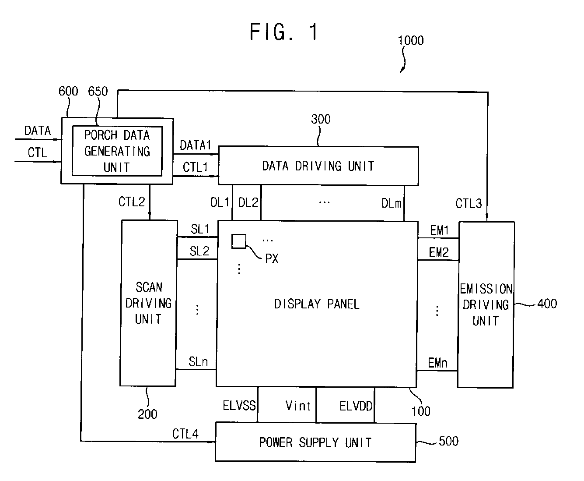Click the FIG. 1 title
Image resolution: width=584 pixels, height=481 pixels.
point(284,32)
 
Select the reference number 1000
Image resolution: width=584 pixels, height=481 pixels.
point(411,40)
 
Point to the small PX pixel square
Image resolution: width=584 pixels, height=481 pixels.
point(239,241)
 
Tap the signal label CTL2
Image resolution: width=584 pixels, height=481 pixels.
point(132,202)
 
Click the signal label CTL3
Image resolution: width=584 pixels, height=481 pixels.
point(469,204)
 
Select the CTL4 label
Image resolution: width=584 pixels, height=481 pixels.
point(185,434)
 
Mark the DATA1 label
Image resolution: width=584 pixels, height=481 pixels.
point(195,145)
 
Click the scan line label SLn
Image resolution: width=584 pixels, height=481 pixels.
point(198,362)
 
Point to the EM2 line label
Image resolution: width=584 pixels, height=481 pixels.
point(439,252)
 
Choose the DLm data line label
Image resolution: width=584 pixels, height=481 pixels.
point(391,203)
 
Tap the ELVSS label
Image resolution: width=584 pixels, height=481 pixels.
point(239,406)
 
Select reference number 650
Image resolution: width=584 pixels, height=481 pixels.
point(98,91)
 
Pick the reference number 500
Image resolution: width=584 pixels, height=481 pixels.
point(448,441)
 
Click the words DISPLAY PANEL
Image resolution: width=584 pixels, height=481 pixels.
point(317,304)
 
